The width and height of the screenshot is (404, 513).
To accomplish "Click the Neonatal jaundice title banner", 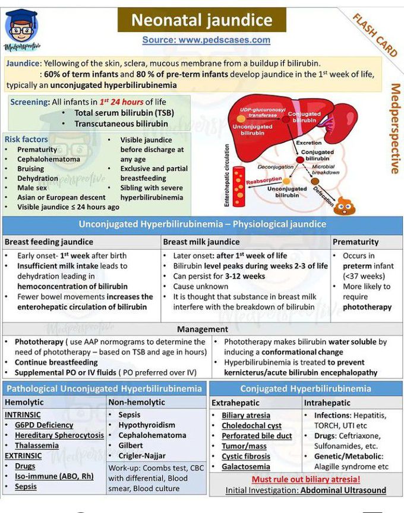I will (x=201, y=20).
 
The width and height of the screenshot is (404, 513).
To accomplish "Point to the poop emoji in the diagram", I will (x=345, y=205).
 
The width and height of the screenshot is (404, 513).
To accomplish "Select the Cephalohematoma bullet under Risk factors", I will (x=48, y=159).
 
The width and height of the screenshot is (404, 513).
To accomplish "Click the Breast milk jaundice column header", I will (x=201, y=242).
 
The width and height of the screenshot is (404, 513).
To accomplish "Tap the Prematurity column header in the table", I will (x=355, y=242).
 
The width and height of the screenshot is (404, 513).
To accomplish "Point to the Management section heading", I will (x=202, y=329).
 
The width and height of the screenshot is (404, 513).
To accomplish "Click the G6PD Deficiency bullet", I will (x=45, y=425).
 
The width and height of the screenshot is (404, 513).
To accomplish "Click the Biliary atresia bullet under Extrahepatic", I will (x=246, y=416).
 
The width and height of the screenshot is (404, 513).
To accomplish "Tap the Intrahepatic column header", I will (x=327, y=403).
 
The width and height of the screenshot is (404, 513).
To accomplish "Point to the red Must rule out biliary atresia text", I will (x=306, y=479).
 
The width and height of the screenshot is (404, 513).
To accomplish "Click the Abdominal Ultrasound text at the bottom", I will (x=343, y=490).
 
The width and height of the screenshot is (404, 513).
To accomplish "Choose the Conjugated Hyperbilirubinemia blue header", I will (x=305, y=389).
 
